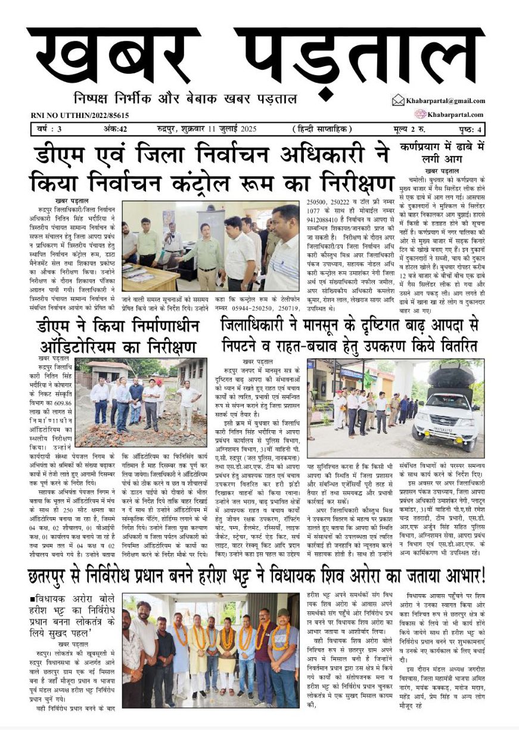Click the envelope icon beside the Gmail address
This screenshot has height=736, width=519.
[398, 100]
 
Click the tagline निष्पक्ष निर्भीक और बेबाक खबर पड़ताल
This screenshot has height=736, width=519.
[185, 98]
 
